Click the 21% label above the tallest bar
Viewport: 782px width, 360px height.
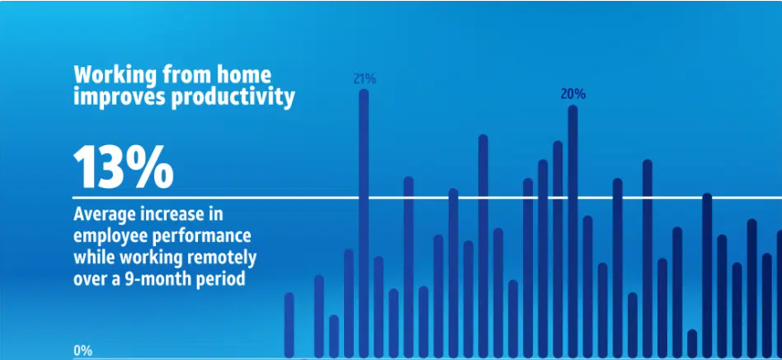(365, 79)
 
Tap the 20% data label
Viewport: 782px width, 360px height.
(573, 94)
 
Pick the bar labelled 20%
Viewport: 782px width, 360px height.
(573, 231)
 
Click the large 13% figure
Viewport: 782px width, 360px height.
(124, 167)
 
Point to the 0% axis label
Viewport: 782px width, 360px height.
(82, 350)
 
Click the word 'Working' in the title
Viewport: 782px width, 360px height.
(115, 76)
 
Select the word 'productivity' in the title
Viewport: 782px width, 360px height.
(232, 98)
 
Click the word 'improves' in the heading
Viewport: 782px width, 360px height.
(119, 98)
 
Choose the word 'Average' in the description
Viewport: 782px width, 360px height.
(105, 214)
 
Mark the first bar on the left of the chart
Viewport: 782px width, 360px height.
(288, 325)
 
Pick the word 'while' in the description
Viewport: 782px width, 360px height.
(91, 258)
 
